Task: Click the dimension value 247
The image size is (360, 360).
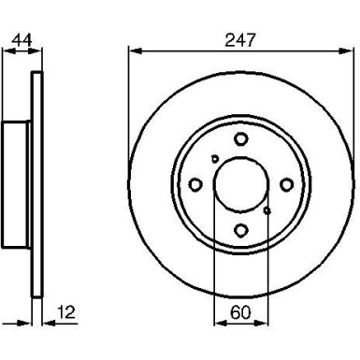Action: click(x=240, y=40)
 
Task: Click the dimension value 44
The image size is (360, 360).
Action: click(x=20, y=40)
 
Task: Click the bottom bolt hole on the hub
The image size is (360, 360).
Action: click(x=240, y=230)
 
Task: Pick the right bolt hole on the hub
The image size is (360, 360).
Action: click(x=286, y=184)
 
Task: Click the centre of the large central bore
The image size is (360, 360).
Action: click(x=240, y=184)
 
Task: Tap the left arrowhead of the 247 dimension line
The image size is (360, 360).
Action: click(x=132, y=52)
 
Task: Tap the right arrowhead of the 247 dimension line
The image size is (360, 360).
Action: click(x=349, y=52)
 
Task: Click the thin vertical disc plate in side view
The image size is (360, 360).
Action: click(x=37, y=184)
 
